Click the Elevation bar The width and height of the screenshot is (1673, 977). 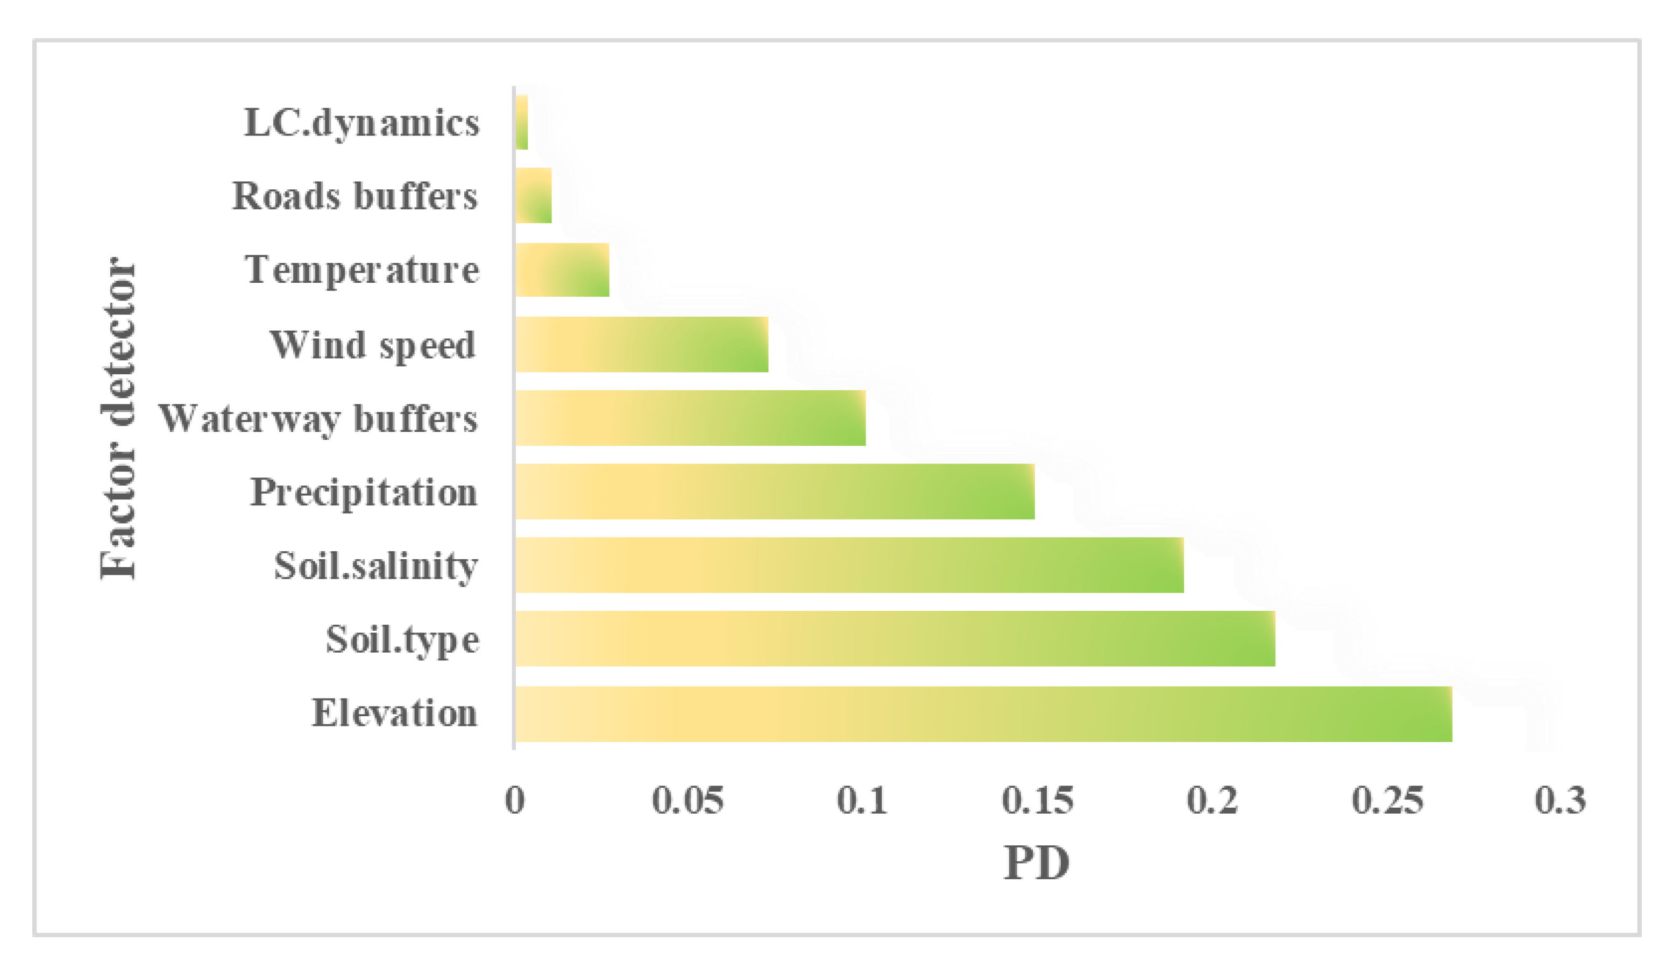(x=983, y=714)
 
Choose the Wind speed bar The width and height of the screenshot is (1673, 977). (x=641, y=345)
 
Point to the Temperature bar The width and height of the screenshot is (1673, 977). (x=562, y=269)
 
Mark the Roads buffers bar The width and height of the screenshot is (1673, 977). (x=533, y=195)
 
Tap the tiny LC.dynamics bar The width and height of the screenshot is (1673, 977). (x=521, y=122)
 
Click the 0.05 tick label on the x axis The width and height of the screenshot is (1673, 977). (x=688, y=801)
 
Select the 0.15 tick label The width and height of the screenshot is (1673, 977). (x=1037, y=801)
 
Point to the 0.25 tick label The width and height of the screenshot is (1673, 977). (x=1387, y=801)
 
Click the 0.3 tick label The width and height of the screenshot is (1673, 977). (x=1560, y=801)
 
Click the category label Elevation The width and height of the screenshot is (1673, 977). (x=394, y=714)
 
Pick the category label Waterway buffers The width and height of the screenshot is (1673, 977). (x=317, y=419)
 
